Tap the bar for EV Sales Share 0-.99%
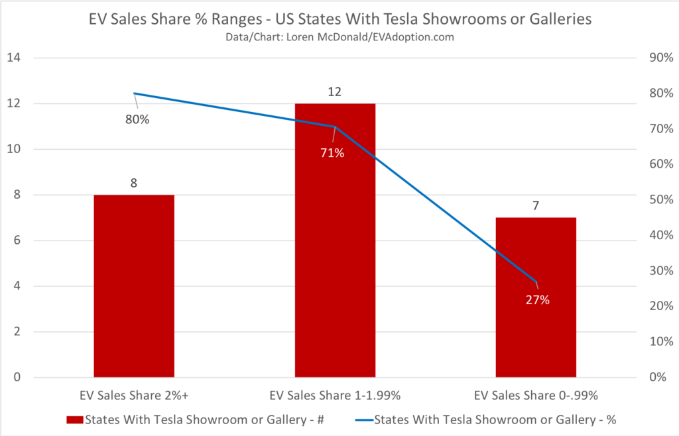[x=536, y=298]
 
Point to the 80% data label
[x=138, y=121]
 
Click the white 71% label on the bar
[x=332, y=153]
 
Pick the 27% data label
[x=538, y=300]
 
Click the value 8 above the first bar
[x=134, y=183]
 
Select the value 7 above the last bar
[x=536, y=205]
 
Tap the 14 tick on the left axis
[x=13, y=58]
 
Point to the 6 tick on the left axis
[x=16, y=241]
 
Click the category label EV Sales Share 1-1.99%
[x=335, y=396]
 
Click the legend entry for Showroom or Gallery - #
[x=200, y=419]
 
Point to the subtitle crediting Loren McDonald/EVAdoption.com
[x=339, y=37]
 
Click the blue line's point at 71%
[x=335, y=127]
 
